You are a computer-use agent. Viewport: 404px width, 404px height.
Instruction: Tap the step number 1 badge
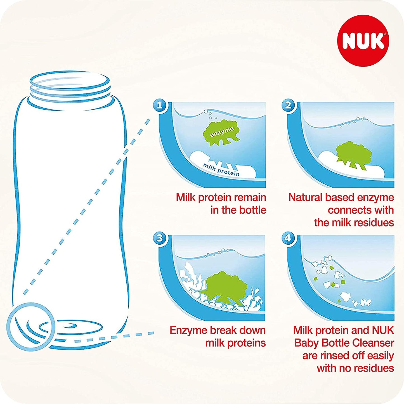pos(160,105)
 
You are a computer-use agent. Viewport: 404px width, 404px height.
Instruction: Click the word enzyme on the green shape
pos(222,132)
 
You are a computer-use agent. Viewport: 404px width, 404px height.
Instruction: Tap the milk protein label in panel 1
pos(221,169)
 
